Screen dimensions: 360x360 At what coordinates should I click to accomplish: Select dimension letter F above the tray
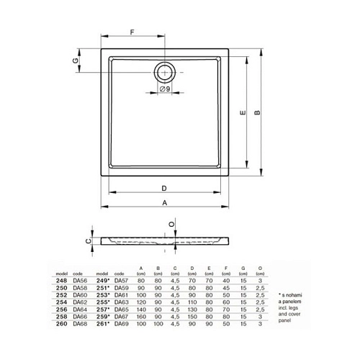coord(131,30)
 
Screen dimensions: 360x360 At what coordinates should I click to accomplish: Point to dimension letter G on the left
coord(75,61)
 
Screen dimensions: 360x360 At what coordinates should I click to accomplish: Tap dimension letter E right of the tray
coord(243,112)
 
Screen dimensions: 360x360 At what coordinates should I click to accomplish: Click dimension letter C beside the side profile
coord(88,242)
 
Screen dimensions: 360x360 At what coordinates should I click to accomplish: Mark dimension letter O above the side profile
coord(171,225)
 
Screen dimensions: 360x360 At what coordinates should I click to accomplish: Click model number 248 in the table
coord(60,282)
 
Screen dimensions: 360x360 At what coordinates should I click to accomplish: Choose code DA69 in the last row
coord(120,325)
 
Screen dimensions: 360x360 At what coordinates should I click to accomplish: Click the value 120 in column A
coord(140,303)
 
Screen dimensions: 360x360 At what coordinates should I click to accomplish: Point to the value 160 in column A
coord(140,318)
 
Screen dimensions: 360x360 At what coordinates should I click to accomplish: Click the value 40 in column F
coord(226,282)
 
